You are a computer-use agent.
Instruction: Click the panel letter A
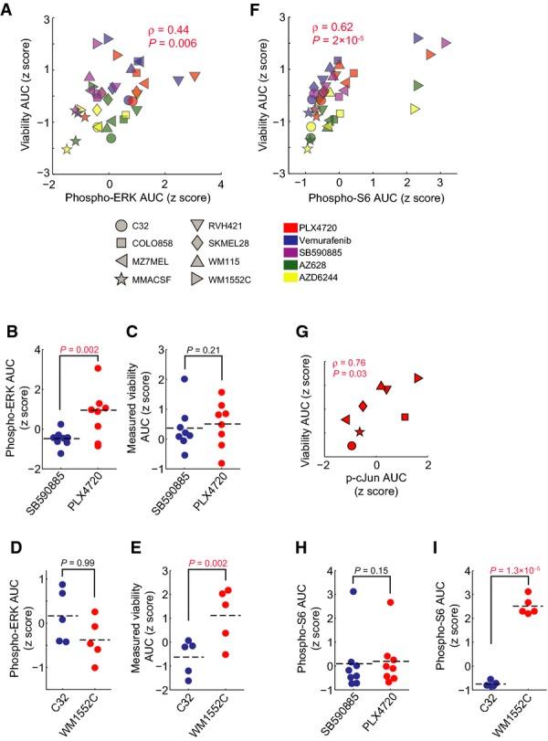point(9,8)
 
